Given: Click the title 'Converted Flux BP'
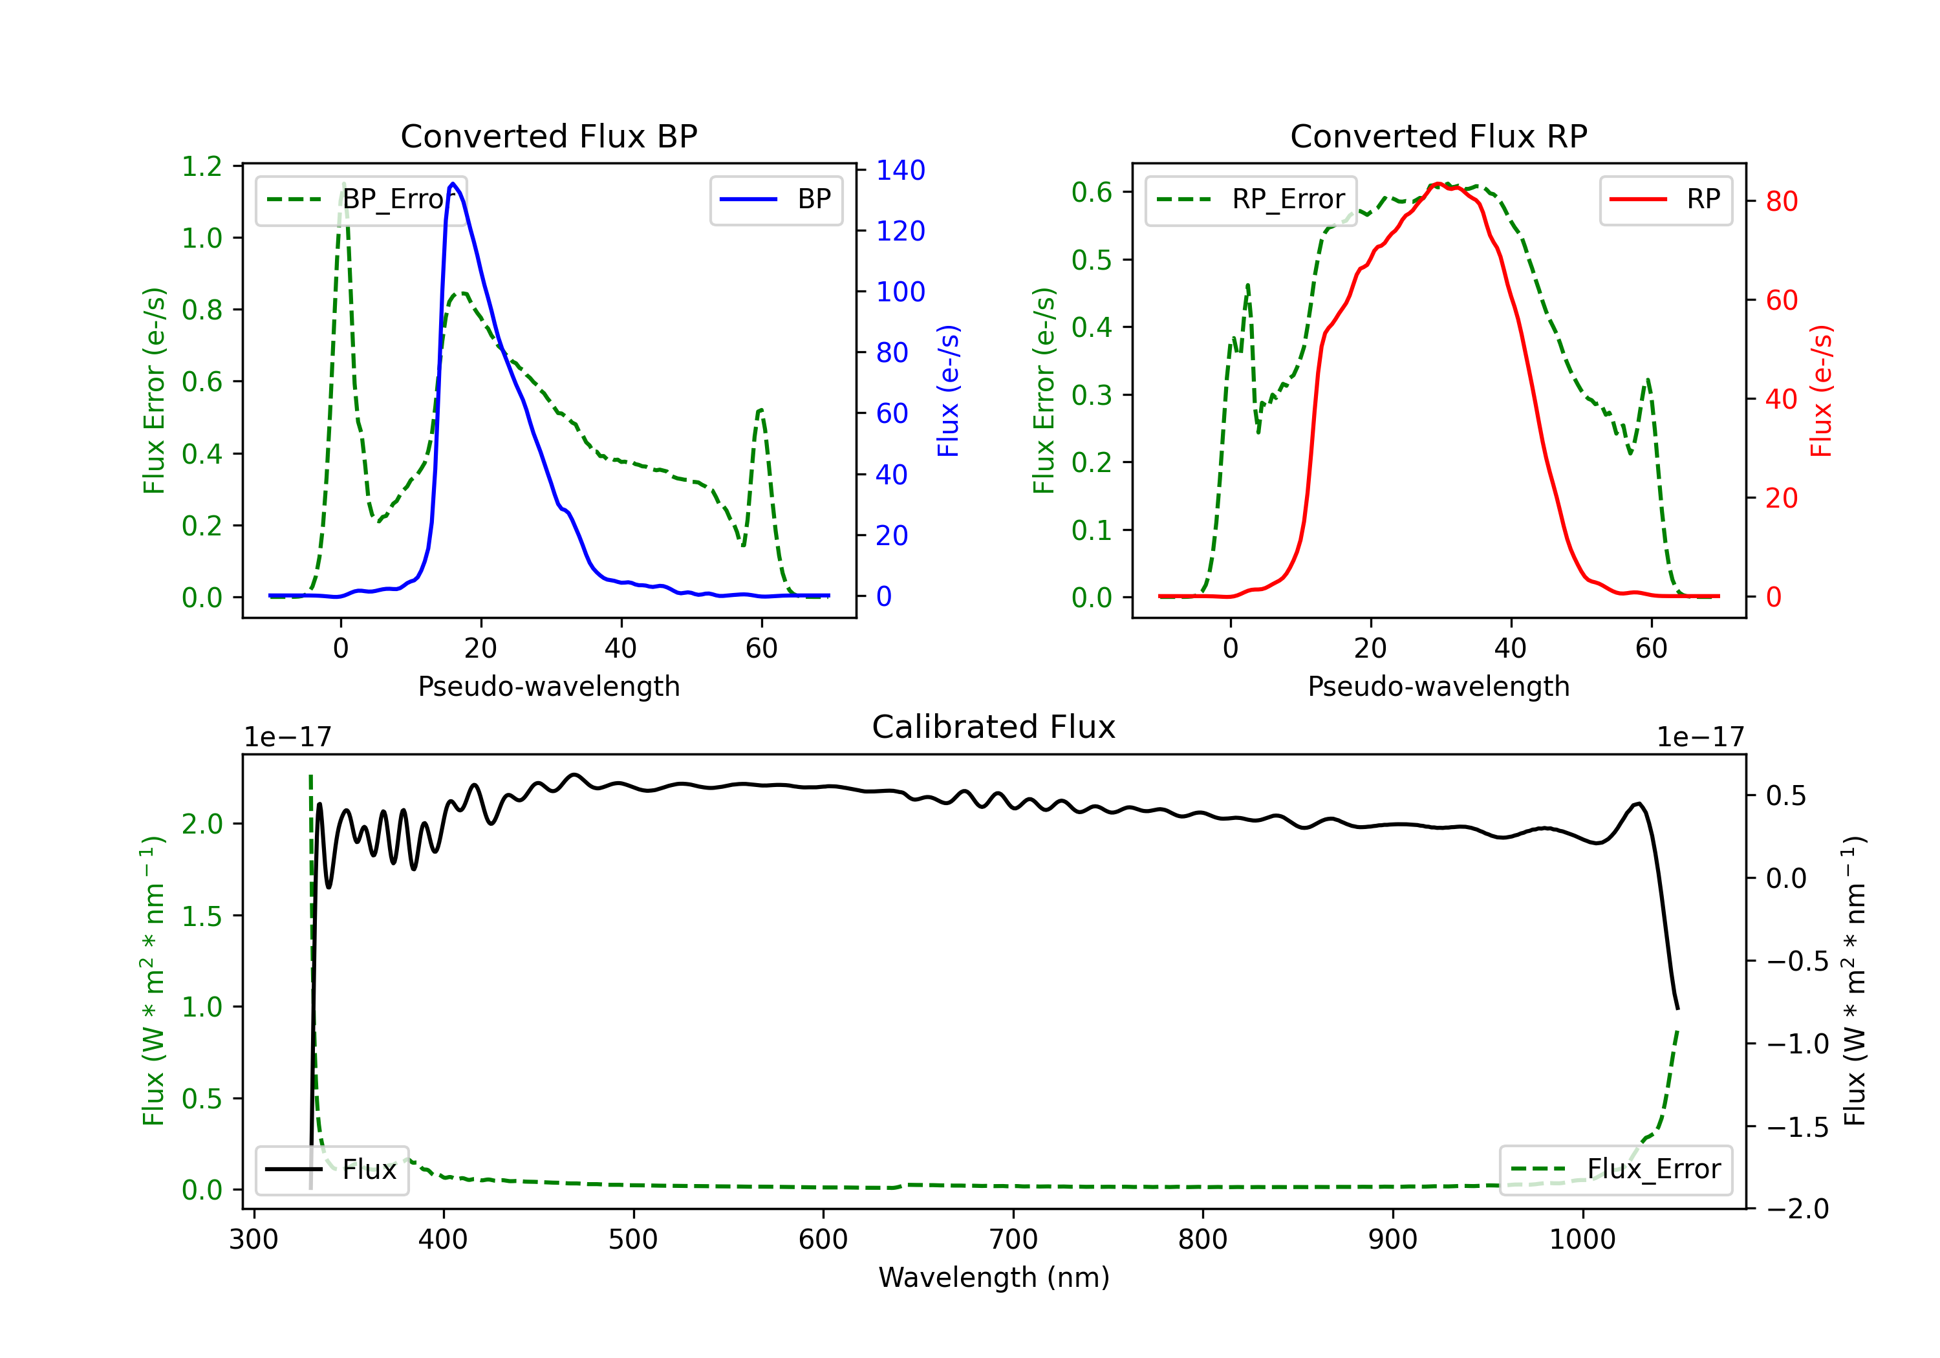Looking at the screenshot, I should tap(548, 136).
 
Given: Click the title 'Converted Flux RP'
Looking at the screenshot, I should tap(1438, 136).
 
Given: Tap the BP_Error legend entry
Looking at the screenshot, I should tap(361, 199).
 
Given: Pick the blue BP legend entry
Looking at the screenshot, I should tap(775, 199).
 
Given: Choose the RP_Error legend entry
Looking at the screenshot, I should tap(1251, 199).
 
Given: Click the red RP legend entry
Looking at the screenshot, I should tap(1665, 199).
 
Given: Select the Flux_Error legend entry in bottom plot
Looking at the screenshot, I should tap(1615, 1170).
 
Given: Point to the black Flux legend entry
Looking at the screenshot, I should tap(332, 1170).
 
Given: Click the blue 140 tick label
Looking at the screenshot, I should tap(901, 171).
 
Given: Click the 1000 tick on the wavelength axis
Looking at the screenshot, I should tap(1582, 1240).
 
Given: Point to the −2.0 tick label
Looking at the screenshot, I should tap(1796, 1209).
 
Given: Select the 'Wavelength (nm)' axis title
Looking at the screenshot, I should tap(994, 1278).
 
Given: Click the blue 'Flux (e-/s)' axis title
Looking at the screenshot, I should tap(948, 391).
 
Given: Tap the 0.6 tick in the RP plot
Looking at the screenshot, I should tap(1092, 193).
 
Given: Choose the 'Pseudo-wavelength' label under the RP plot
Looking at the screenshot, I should tap(1438, 686).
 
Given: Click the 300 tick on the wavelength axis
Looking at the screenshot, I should tap(253, 1240).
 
